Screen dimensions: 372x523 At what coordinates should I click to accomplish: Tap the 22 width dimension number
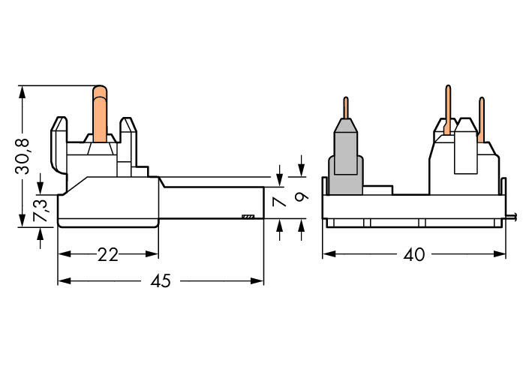[108, 254]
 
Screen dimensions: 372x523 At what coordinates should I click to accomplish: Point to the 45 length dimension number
[161, 281]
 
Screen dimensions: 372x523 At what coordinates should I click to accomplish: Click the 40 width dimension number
[413, 254]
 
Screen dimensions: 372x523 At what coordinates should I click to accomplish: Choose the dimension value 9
[301, 198]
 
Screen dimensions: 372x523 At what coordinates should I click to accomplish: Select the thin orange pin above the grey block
[345, 108]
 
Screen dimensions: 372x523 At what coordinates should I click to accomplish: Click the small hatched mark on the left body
[248, 217]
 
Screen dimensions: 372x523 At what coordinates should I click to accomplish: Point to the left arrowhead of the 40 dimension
[327, 254]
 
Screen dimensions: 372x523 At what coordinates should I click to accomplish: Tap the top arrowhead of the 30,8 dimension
[23, 91]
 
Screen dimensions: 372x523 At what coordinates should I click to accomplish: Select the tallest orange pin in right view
[448, 109]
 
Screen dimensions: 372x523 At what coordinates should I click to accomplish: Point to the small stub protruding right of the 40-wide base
[512, 218]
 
